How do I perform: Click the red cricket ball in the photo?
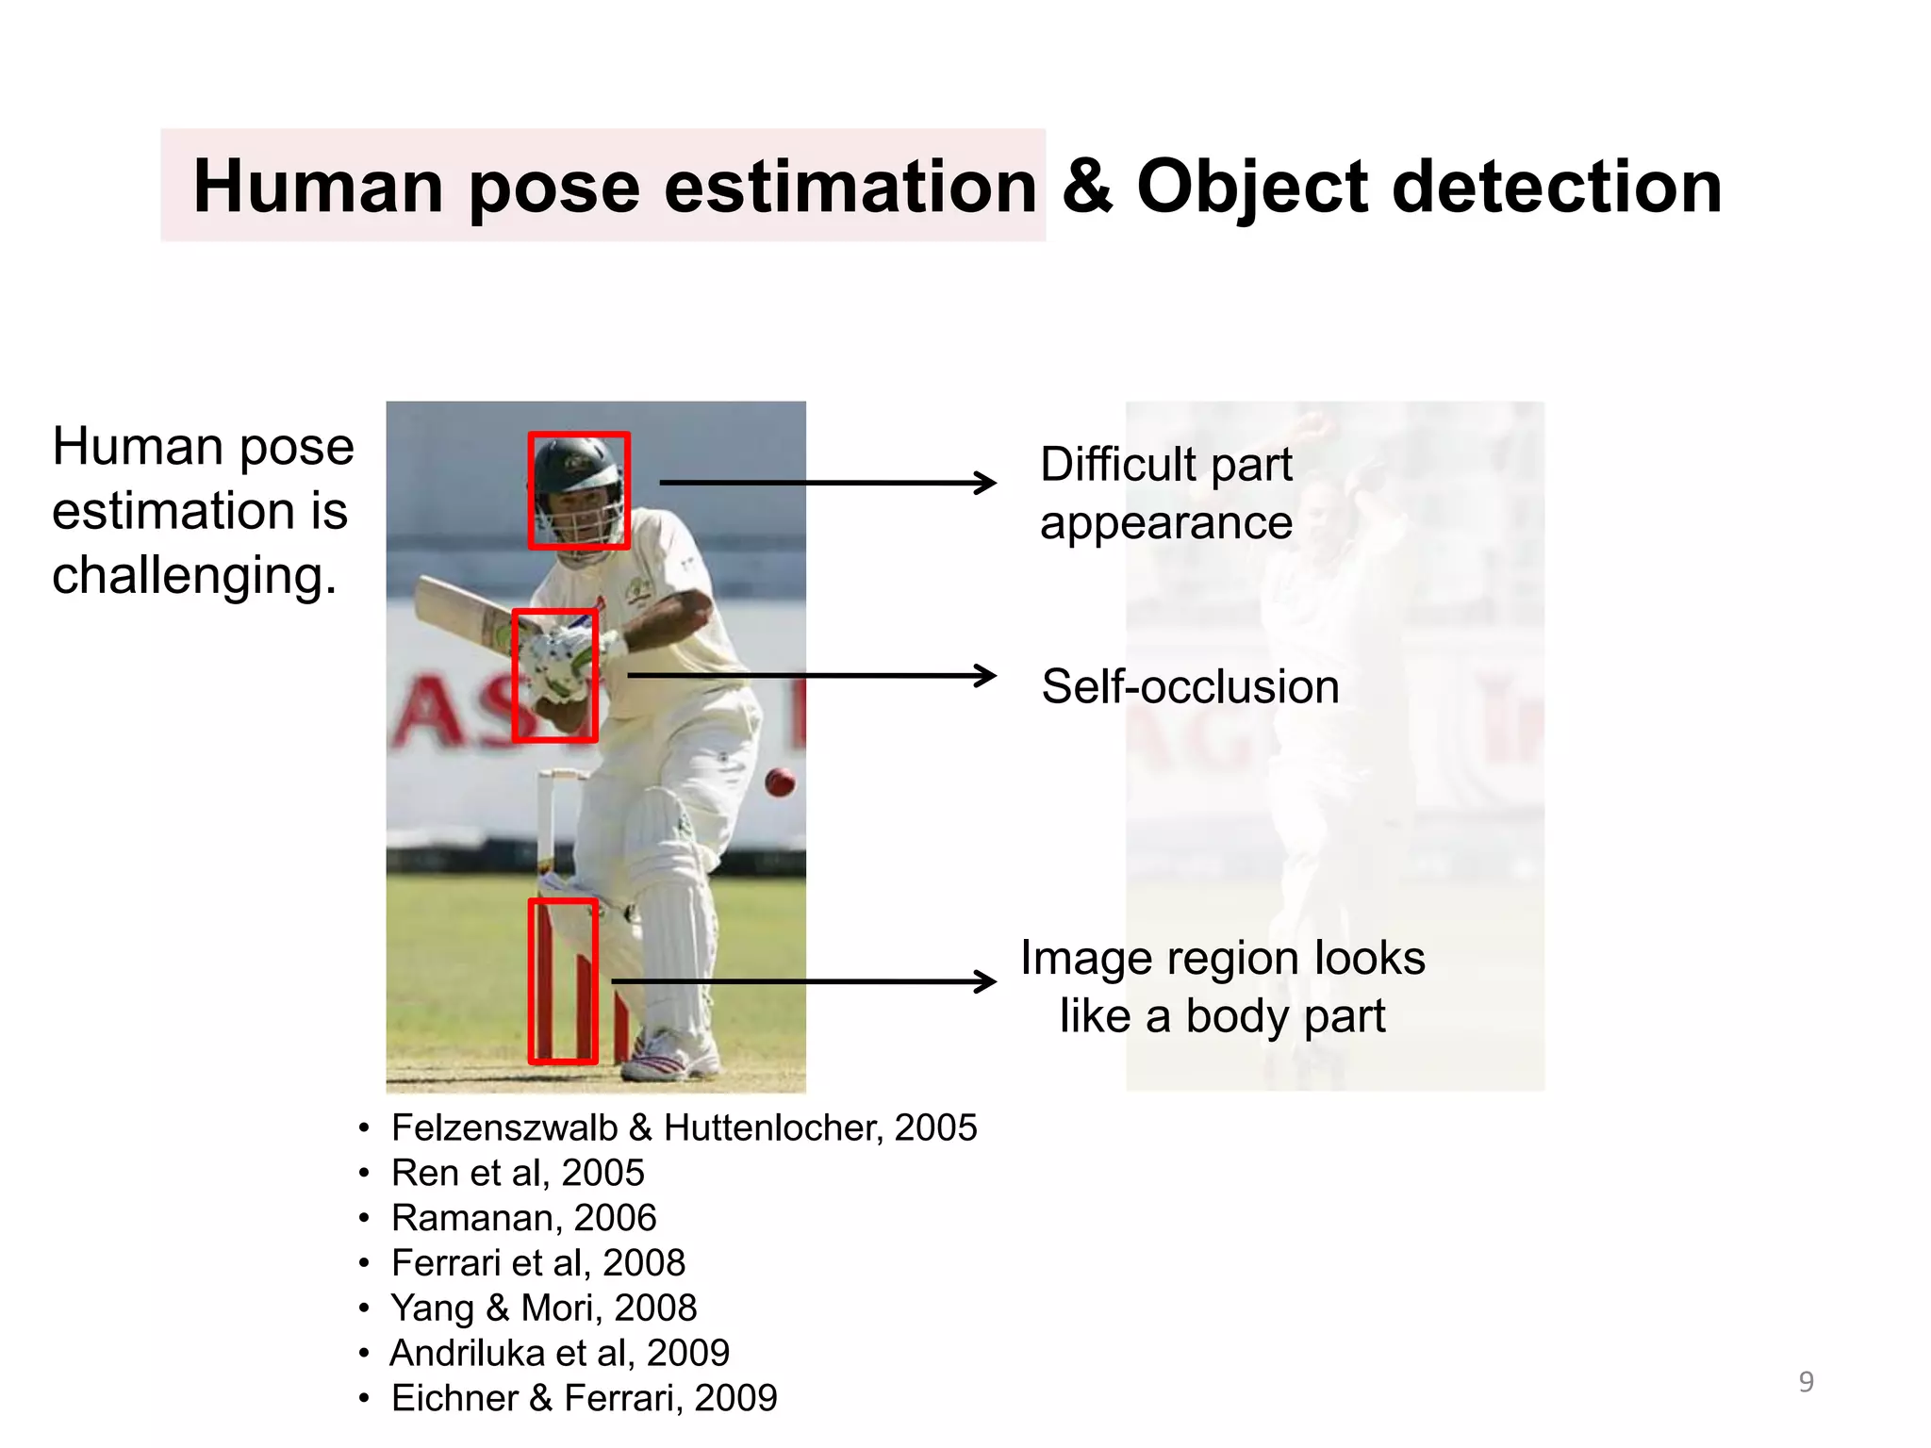[780, 782]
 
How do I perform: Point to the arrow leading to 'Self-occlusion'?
[811, 675]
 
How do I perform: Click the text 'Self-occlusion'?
[1190, 686]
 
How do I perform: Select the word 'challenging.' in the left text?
[194, 575]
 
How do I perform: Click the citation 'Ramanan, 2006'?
[523, 1218]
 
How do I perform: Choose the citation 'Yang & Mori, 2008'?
[543, 1308]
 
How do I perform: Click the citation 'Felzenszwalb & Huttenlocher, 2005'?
[684, 1127]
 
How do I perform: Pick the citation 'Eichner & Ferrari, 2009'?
[584, 1398]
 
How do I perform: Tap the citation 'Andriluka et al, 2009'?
[559, 1353]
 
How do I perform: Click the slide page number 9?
[1806, 1382]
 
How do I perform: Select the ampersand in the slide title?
[1086, 186]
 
